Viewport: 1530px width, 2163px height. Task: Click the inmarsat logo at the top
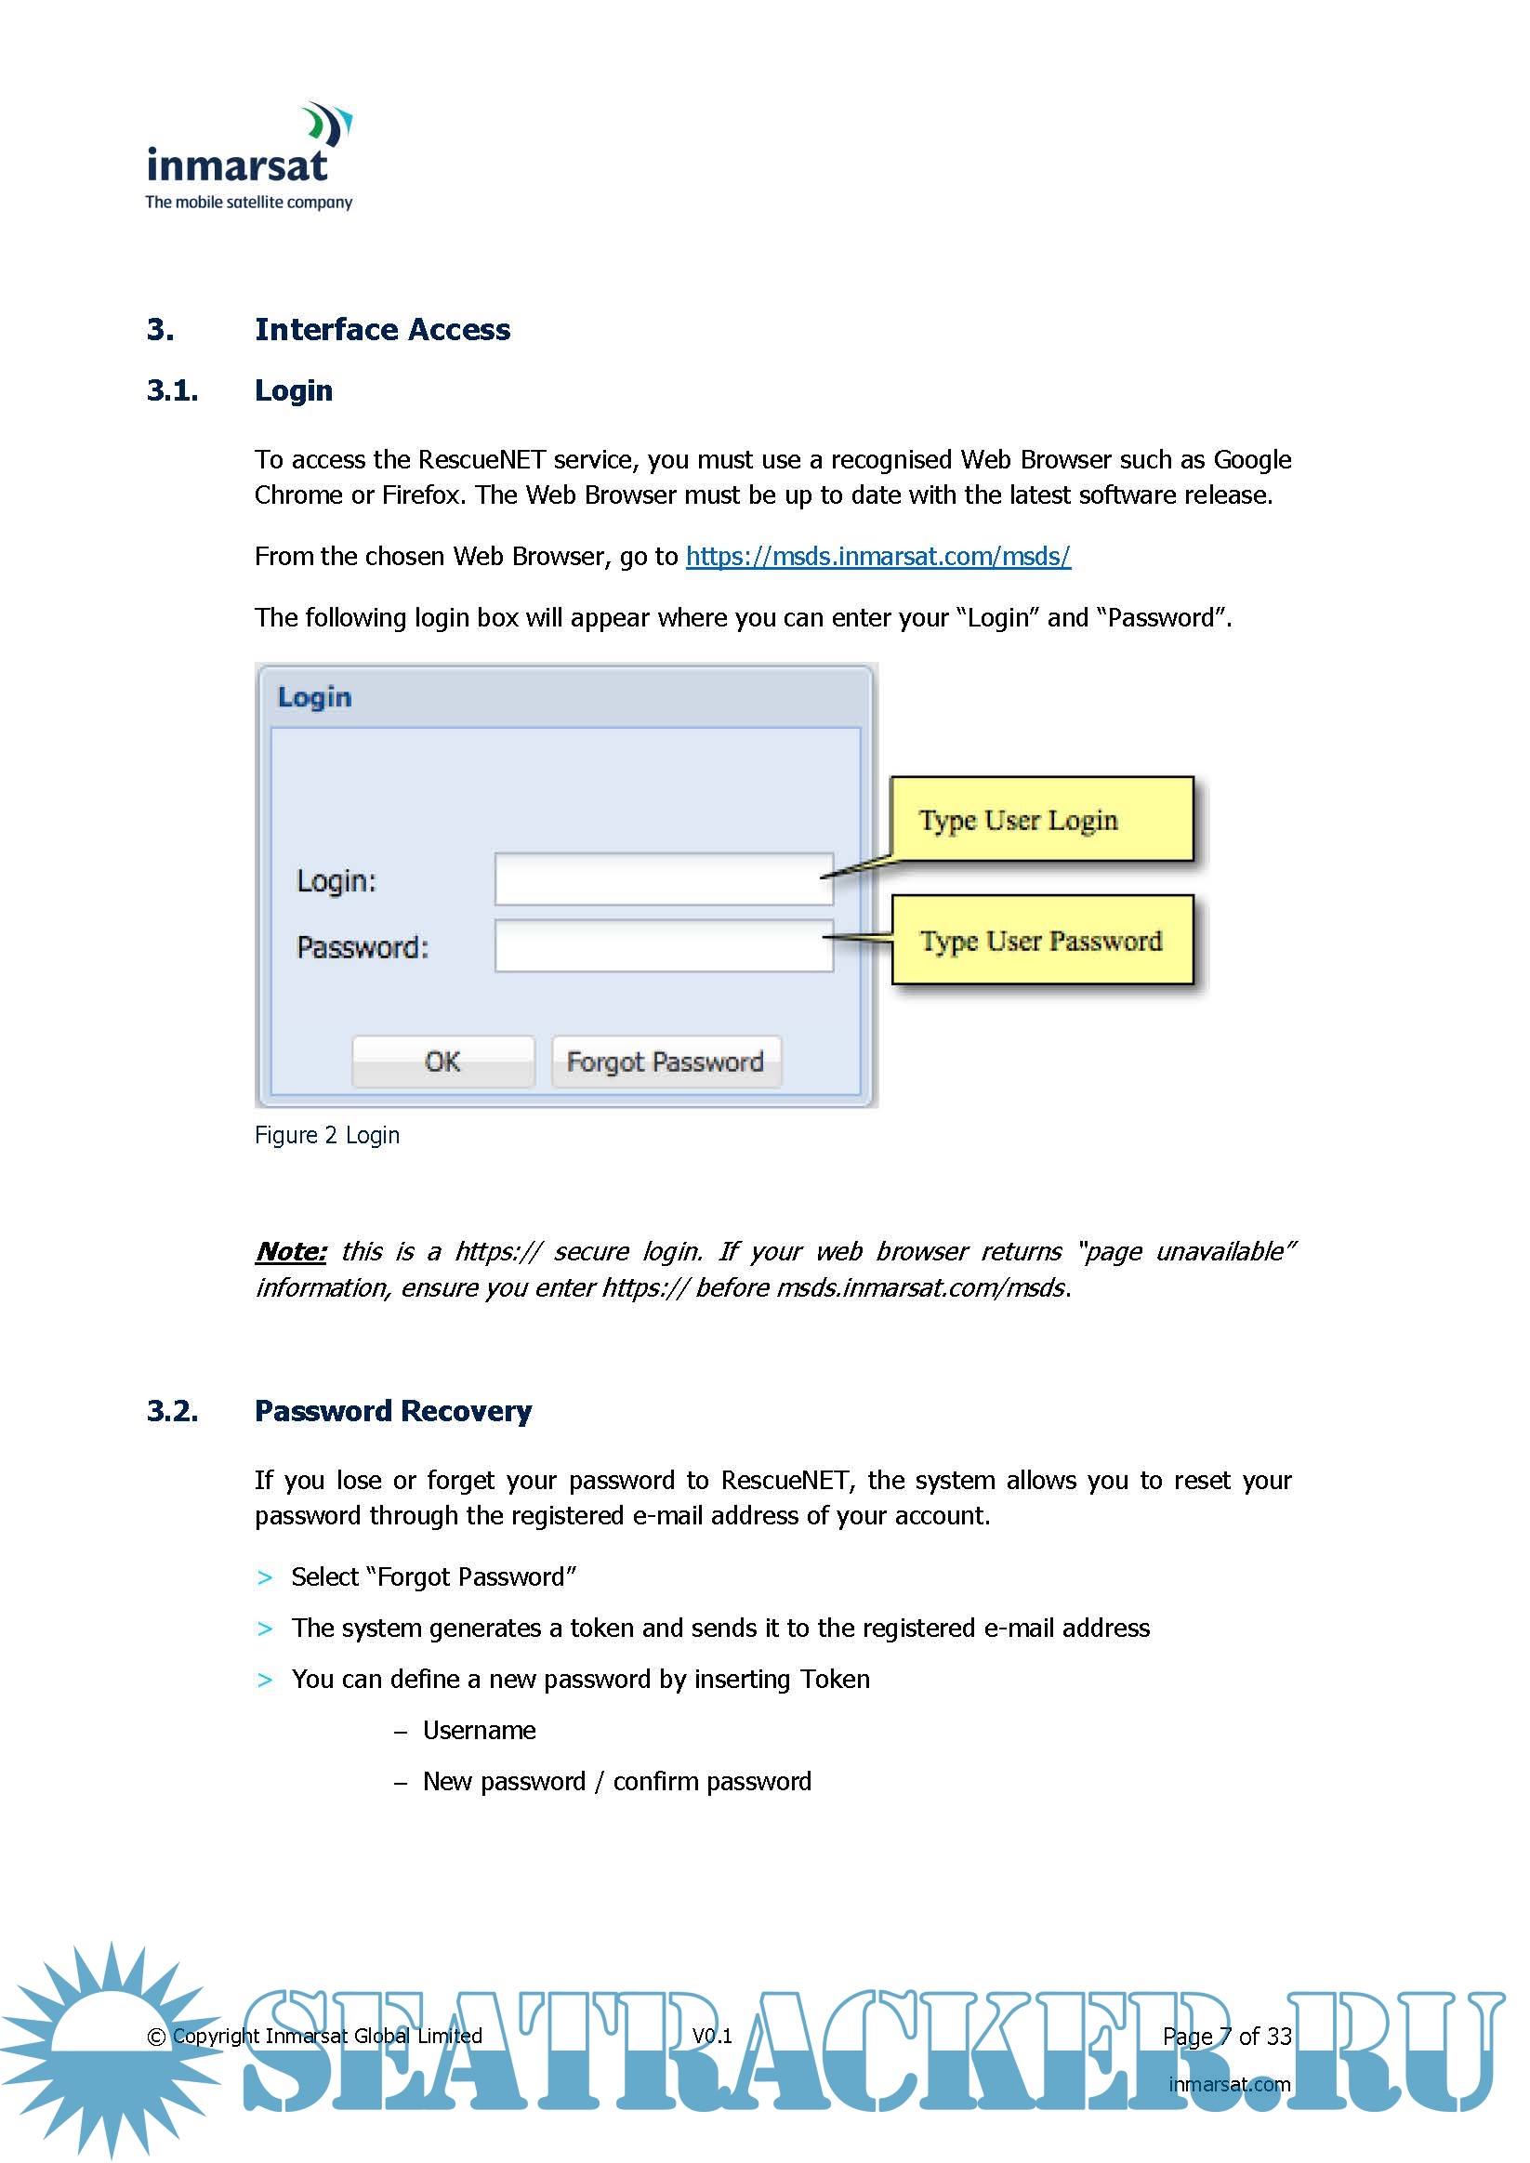click(249, 156)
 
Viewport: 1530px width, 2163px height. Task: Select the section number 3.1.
click(172, 391)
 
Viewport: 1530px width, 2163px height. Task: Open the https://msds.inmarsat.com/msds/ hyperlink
click(877, 557)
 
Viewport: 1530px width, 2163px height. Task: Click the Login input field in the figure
click(664, 879)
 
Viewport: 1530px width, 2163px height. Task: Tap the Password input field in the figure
click(664, 946)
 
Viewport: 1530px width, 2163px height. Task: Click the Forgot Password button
click(666, 1062)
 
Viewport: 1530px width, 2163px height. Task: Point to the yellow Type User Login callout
click(1041, 820)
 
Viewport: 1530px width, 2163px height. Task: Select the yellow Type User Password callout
click(1041, 940)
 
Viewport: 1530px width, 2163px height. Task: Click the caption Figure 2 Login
click(327, 1135)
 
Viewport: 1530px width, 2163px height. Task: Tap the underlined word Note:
click(291, 1251)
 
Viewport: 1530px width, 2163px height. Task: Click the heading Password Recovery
click(393, 1411)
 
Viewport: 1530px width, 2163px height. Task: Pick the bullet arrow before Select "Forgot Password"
click(265, 1578)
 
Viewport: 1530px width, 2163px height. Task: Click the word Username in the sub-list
click(479, 1731)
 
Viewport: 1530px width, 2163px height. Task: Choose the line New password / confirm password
click(616, 1782)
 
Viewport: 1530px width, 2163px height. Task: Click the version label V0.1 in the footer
click(712, 2036)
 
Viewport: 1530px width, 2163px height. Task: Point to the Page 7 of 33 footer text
click(1226, 2037)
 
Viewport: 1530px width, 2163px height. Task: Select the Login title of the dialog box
click(315, 698)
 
